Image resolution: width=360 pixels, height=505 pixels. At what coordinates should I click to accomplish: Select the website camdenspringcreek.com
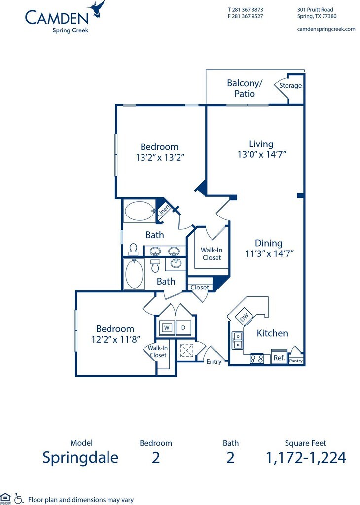pos(326,29)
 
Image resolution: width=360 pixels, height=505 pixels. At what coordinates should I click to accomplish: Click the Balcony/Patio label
pos(245,88)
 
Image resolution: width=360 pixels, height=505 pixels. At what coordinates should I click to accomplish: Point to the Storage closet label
pos(290,85)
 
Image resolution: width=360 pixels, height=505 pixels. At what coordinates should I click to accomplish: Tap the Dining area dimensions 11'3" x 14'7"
pos(268,253)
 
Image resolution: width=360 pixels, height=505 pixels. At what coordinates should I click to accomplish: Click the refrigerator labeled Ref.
pos(279,358)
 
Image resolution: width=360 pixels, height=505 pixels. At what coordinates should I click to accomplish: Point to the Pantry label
pos(296,361)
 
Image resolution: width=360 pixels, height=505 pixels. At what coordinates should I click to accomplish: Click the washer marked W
pos(167,327)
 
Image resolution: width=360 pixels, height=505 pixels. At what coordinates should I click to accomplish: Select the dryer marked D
pos(183,327)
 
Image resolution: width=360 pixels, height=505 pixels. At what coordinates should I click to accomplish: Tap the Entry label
pos(214,361)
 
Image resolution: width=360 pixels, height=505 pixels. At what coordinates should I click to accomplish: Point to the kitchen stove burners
pos(256,359)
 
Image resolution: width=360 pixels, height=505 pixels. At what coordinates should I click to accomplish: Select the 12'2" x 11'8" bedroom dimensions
pos(115,339)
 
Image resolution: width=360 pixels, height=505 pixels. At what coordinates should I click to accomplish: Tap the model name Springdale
pos(80,457)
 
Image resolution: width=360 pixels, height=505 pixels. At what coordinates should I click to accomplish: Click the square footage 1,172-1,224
pos(306,457)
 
